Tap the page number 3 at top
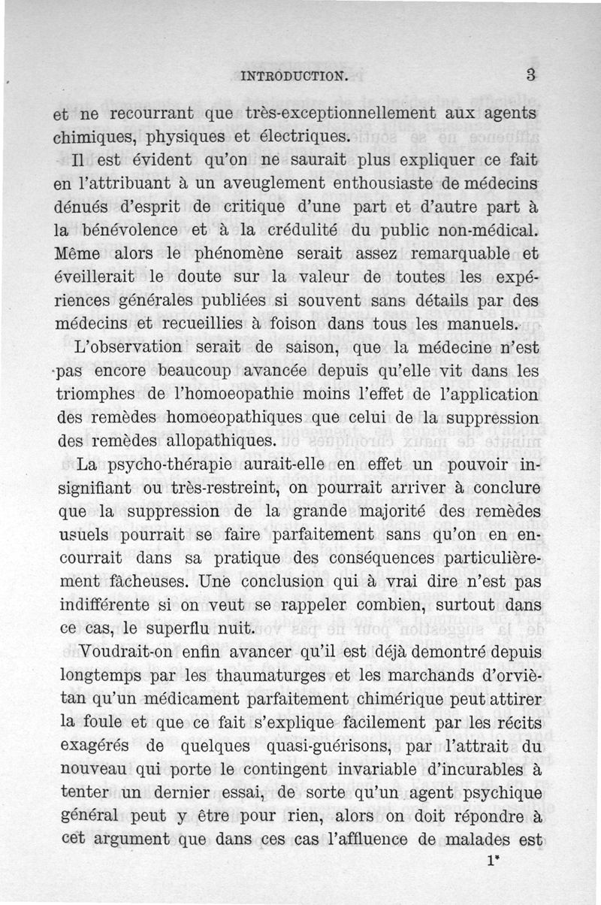[530, 74]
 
